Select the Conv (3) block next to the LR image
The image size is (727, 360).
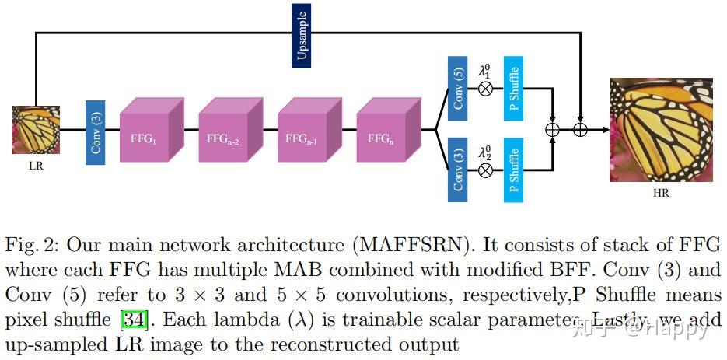96,132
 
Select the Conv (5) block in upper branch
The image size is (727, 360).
457,89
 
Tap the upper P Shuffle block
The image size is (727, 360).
513,89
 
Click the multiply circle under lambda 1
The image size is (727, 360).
485,89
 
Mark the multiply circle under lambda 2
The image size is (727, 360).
485,170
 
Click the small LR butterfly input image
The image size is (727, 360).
36,130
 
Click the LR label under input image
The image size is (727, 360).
35,166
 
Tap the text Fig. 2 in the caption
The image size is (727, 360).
30,245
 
